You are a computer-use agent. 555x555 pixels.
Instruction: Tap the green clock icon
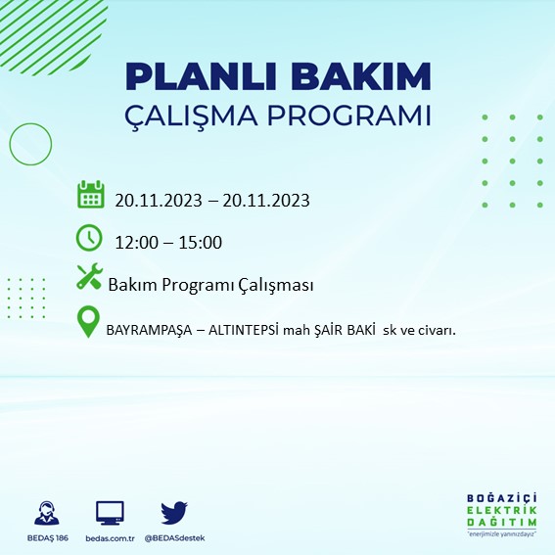point(89,237)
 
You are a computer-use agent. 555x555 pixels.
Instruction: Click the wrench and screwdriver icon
point(89,278)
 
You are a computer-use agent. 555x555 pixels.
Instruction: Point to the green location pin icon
point(90,322)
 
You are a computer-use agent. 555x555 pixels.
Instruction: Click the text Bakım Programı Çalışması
point(210,285)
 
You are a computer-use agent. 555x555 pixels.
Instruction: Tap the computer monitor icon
point(110,512)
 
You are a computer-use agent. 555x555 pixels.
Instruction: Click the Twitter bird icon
point(174,512)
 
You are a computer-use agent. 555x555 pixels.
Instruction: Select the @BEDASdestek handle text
point(174,538)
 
